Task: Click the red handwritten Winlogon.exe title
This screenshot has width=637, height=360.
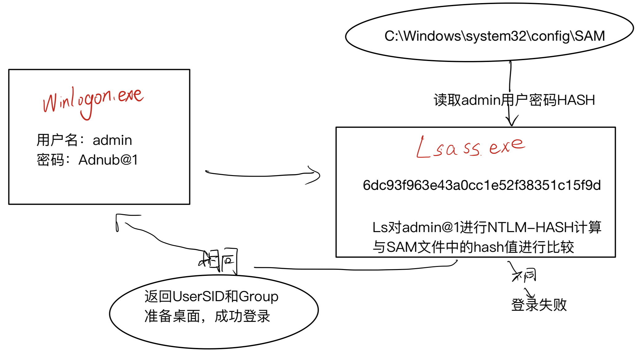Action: click(x=92, y=100)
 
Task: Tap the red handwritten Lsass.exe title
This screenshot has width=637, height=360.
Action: click(x=470, y=147)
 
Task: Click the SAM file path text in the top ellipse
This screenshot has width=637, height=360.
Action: click(x=494, y=36)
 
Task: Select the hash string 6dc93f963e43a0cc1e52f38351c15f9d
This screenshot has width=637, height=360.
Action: click(x=481, y=185)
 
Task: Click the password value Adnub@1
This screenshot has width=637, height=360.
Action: click(x=108, y=160)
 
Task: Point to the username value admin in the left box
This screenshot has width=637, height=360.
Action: click(x=112, y=140)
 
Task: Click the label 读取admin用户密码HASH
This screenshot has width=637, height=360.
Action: click(x=514, y=100)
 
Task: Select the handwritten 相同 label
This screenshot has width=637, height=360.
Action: click(x=218, y=260)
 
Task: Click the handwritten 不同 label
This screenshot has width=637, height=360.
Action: click(x=525, y=275)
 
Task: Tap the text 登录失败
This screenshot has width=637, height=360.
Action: click(x=539, y=305)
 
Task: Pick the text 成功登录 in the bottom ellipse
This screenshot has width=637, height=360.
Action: click(x=242, y=316)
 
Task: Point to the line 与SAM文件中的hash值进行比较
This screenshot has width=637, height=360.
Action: click(x=473, y=247)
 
